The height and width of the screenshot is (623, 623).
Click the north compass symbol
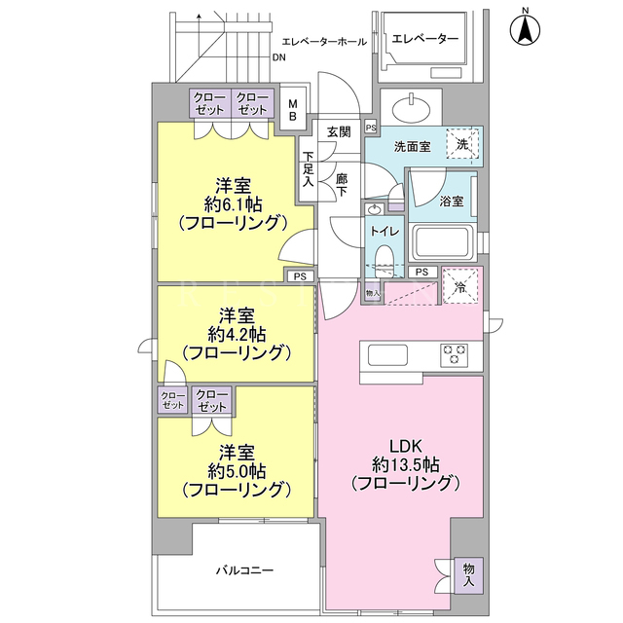click(x=525, y=28)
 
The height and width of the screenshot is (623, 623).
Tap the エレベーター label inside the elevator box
click(x=424, y=39)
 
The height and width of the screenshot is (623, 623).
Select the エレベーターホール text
click(x=324, y=41)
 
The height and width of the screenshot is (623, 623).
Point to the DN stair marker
click(x=279, y=57)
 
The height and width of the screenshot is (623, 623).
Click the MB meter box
click(x=293, y=110)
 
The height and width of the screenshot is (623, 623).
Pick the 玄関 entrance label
click(x=339, y=131)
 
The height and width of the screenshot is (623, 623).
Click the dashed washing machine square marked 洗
click(x=462, y=144)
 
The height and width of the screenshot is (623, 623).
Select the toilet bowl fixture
click(x=385, y=260)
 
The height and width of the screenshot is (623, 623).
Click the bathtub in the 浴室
click(x=444, y=241)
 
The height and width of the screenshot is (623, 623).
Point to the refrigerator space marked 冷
click(x=460, y=287)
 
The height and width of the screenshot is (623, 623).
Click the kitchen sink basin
click(x=387, y=354)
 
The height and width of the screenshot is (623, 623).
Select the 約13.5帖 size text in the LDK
click(x=405, y=463)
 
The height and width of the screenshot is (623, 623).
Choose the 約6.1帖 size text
click(x=234, y=204)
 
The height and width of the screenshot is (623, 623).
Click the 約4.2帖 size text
click(x=237, y=335)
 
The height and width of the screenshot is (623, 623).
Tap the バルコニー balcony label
click(x=244, y=570)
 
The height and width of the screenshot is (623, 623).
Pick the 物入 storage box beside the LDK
click(x=469, y=575)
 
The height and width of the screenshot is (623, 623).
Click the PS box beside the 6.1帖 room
click(x=300, y=276)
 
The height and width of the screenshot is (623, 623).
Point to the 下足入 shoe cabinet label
click(x=309, y=168)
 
